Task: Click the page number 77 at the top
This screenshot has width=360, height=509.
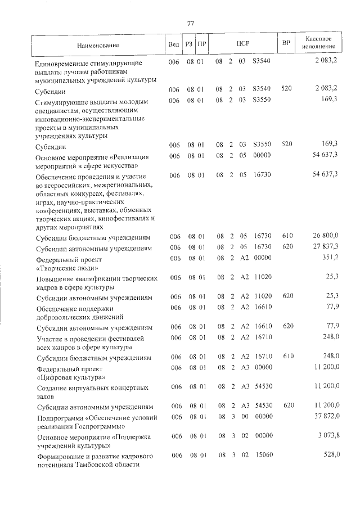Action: [190, 23]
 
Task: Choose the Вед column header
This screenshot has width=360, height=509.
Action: [173, 44]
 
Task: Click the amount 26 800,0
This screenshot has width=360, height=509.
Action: [325, 238]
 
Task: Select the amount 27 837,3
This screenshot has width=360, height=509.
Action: [325, 248]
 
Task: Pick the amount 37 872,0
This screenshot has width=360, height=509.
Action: [325, 417]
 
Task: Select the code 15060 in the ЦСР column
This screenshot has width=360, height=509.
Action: [263, 454]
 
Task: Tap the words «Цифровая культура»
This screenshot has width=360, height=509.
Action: [70, 377]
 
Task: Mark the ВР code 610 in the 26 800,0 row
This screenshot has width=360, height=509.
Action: [287, 238]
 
